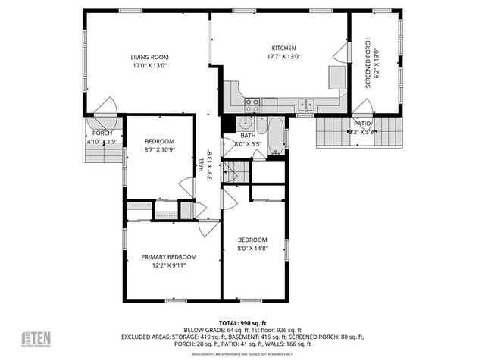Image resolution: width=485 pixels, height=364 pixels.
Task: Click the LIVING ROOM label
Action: coord(149,57)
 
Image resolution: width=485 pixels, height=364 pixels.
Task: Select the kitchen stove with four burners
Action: coord(252,102)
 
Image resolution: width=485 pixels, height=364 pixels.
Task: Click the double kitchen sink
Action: coord(306,105)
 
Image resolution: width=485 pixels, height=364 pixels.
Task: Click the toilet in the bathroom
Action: coord(261,126)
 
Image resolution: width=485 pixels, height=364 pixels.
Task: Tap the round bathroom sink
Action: coord(246,125)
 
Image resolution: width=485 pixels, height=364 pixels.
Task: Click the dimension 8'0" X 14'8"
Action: coord(252,248)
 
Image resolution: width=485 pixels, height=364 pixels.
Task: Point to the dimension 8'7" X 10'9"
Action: coord(160,150)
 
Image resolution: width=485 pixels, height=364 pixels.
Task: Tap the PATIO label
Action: coord(363,123)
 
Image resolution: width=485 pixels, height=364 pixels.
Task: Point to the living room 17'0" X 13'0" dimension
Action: coord(149,66)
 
